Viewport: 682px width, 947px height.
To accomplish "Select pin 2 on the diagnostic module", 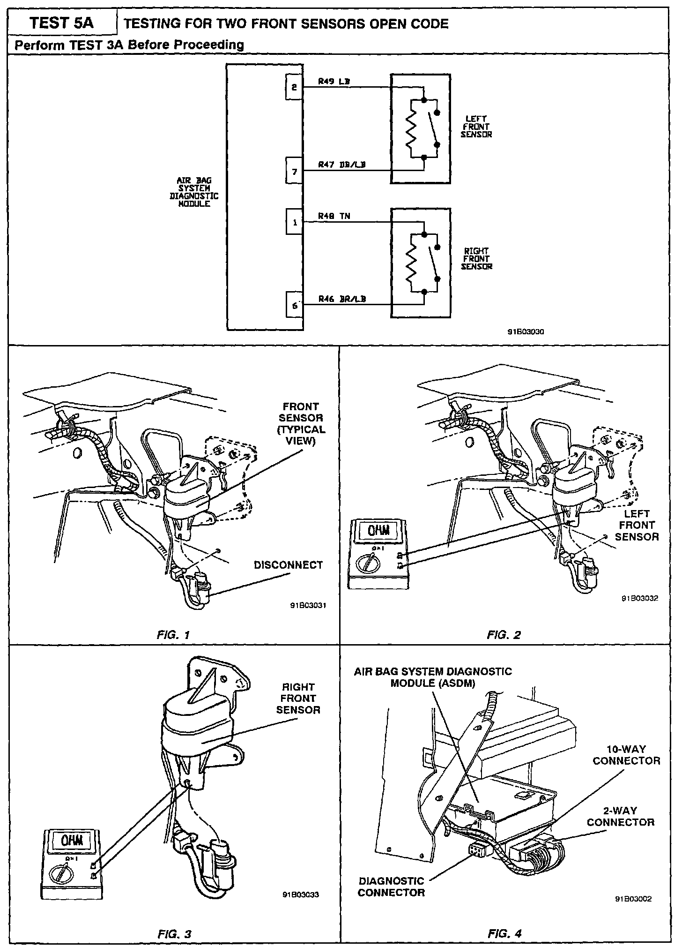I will point(294,87).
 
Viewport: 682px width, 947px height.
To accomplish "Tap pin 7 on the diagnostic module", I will point(294,171).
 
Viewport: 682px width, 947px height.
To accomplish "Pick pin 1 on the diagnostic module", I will point(294,222).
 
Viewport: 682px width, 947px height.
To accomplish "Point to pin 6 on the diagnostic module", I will point(294,305).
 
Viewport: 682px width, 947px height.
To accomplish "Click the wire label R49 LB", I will point(334,81).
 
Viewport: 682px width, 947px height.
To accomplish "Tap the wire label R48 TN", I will point(334,216).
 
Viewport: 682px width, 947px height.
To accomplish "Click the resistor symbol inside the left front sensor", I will point(411,128).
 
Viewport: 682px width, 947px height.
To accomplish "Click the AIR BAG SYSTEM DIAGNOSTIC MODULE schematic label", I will point(193,192).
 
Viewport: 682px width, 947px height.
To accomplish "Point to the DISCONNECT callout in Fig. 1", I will point(288,565).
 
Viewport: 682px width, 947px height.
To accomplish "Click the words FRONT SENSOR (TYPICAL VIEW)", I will point(301,424).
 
